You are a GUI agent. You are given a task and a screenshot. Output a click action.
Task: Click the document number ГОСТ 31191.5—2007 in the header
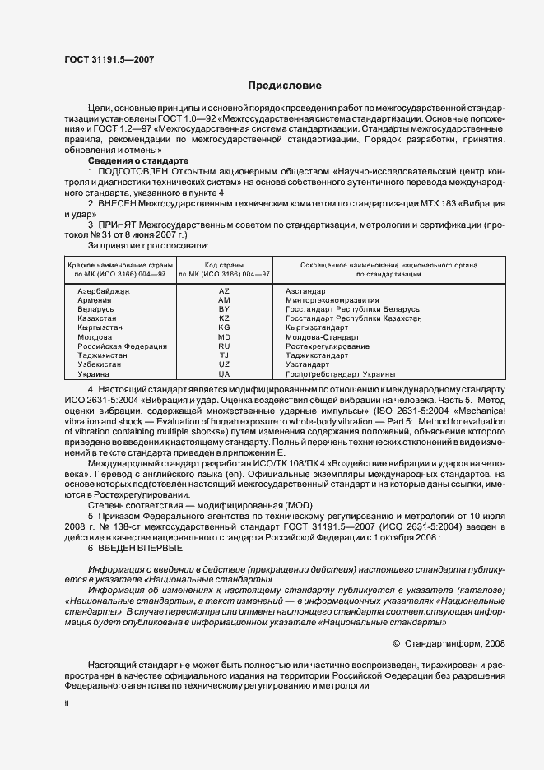(108, 58)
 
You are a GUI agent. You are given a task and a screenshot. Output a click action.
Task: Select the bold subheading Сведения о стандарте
(138, 160)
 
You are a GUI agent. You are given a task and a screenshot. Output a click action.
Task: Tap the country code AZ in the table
(224, 291)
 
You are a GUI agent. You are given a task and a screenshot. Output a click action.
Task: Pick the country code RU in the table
(224, 346)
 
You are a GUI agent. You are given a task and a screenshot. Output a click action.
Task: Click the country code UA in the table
(224, 373)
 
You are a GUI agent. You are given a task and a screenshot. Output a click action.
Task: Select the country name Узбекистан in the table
(99, 364)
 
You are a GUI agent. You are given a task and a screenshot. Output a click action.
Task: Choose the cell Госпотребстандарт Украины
(340, 373)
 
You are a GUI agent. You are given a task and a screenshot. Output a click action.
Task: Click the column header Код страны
(224, 266)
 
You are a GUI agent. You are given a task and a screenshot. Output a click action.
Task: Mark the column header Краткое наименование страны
(119, 266)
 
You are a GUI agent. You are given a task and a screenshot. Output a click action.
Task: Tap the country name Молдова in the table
(95, 337)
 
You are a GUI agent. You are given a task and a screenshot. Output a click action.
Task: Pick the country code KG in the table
(224, 327)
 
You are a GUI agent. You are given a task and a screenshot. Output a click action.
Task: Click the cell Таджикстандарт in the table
(317, 355)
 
